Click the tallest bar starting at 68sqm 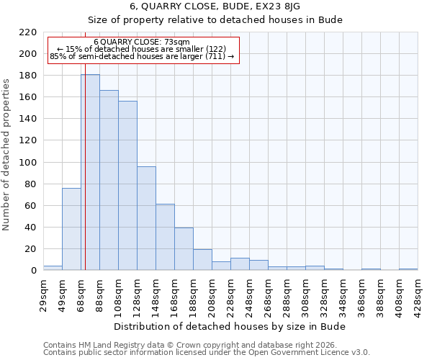[90, 173]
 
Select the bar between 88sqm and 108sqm [109, 180]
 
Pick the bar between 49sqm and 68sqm [71, 229]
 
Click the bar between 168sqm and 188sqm [184, 249]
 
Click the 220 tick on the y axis [27, 32]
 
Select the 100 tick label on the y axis [27, 163]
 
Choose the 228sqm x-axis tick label [230, 295]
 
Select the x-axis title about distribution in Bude [230, 327]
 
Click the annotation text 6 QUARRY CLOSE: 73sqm [142, 42]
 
